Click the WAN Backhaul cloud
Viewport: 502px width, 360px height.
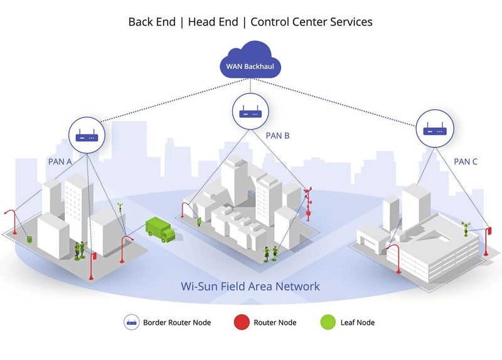(x=251, y=63)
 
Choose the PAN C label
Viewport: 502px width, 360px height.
(x=466, y=161)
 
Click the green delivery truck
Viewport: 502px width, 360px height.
(x=160, y=230)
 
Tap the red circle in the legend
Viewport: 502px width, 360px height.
(x=242, y=322)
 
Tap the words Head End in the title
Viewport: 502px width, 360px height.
(x=214, y=21)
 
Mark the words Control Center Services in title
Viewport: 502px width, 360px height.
(x=311, y=21)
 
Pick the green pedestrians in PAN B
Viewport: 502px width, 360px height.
(x=270, y=253)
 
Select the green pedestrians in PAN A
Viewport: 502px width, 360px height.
(x=80, y=250)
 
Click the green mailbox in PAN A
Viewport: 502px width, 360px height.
(x=30, y=239)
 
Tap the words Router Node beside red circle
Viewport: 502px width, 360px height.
(x=275, y=322)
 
